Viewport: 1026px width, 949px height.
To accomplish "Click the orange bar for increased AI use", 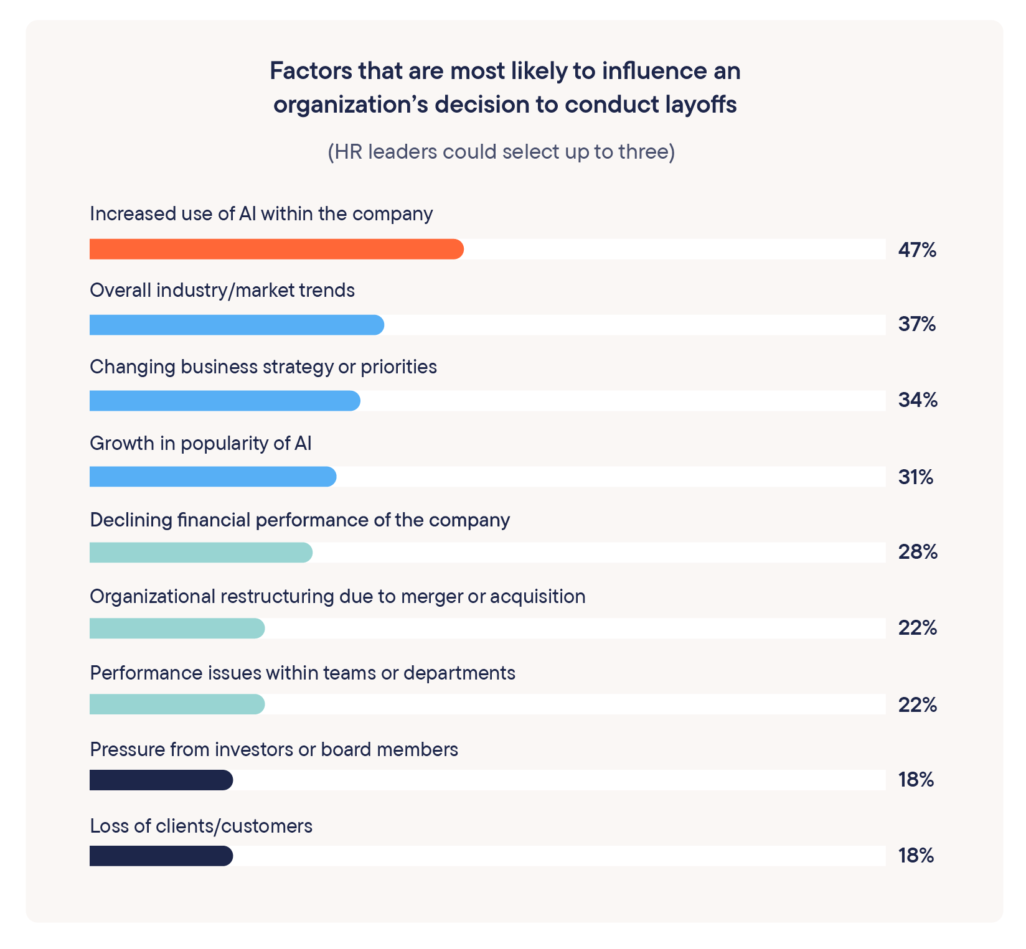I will [276, 249].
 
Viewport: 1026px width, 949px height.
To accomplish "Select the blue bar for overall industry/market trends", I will [237, 325].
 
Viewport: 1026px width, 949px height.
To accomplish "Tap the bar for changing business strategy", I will [225, 401].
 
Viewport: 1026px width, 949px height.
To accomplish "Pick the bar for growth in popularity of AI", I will [213, 477].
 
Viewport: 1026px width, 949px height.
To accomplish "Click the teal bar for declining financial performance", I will [200, 553].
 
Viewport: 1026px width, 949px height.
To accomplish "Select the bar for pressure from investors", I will [161, 780].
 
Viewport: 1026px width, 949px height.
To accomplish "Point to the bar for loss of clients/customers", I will [161, 856].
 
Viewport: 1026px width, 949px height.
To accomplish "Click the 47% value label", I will [917, 250].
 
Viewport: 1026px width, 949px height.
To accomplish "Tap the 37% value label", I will [916, 324].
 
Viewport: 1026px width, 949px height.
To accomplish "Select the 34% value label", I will [917, 400].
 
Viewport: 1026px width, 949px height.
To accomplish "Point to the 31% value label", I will [915, 477].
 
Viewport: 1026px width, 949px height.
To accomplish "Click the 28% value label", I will [917, 552].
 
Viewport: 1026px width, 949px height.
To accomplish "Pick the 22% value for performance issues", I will [917, 704].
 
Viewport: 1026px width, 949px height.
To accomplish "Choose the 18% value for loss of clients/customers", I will [916, 856].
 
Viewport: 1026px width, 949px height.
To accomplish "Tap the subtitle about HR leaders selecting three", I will [501, 152].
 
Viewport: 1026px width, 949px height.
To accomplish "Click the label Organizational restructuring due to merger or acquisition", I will [337, 596].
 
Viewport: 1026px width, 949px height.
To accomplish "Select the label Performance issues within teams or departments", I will [303, 673].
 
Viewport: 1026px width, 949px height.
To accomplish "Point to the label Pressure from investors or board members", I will [274, 749].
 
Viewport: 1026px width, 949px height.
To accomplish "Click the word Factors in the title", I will [311, 71].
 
